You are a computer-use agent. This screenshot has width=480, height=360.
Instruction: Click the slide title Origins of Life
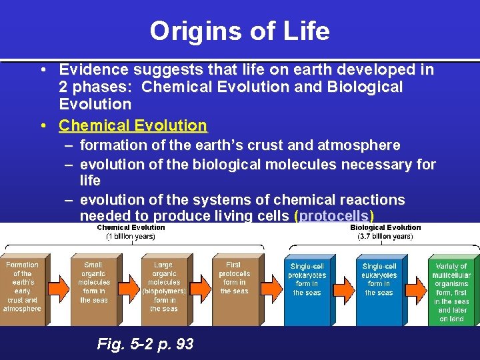(239, 31)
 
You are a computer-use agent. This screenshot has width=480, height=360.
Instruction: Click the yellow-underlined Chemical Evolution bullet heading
(133, 125)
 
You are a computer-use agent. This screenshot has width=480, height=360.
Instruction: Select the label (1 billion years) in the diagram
(131, 236)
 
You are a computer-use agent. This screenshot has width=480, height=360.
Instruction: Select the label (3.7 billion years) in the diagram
(385, 236)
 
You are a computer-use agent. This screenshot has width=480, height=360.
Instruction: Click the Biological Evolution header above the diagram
(385, 227)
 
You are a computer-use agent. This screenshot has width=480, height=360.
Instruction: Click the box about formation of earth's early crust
(22, 287)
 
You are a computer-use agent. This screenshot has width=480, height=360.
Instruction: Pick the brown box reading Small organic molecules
(93, 287)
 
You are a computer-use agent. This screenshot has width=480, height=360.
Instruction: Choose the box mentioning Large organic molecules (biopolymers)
(163, 287)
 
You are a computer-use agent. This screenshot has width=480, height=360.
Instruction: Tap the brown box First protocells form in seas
(234, 287)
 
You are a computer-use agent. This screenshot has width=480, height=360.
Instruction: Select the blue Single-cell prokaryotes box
(307, 287)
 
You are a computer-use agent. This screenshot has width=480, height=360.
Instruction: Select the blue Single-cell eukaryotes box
(379, 287)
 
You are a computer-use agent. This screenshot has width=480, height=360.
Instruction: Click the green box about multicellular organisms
(451, 287)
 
